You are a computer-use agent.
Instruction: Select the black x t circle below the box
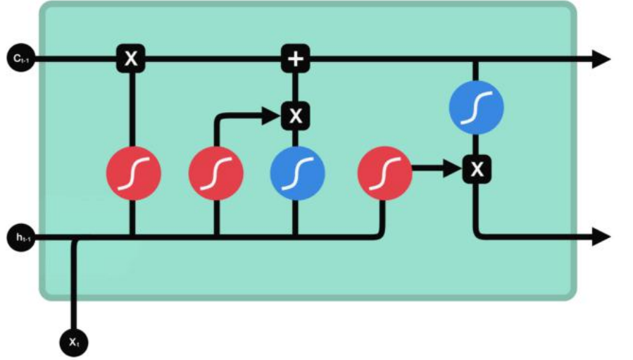tap(74, 342)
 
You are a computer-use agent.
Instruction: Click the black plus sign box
tap(296, 59)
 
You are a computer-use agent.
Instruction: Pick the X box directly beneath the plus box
tap(296, 116)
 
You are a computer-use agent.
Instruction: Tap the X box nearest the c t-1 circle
tap(131, 59)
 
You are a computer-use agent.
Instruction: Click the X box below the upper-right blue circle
tap(477, 169)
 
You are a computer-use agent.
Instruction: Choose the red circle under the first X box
tap(133, 173)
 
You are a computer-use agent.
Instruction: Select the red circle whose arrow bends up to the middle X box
tap(216, 173)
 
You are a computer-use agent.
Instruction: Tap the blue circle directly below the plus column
tap(297, 173)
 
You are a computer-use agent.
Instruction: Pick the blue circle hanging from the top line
tap(477, 107)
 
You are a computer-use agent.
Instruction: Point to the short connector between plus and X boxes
tap(296, 87)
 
